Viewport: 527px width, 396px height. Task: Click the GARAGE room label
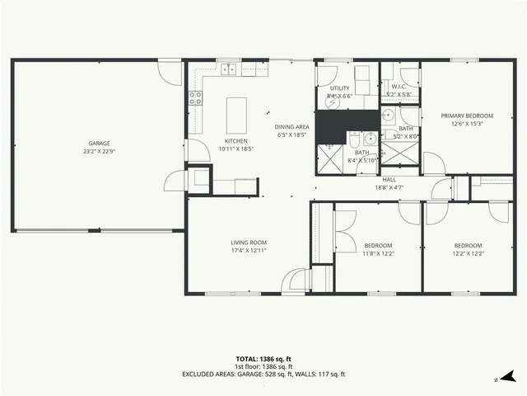point(99,143)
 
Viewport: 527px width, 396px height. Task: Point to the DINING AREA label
point(291,126)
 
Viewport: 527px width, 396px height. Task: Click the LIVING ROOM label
point(248,243)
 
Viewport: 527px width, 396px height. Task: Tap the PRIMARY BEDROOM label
point(467,116)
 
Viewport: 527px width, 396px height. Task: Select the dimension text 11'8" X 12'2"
point(378,253)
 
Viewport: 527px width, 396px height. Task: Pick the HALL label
point(389,179)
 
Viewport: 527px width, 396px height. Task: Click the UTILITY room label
point(339,87)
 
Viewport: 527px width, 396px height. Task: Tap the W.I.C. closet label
point(399,86)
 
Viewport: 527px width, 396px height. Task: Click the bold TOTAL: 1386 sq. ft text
point(263,359)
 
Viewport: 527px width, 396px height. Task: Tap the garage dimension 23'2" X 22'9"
point(99,151)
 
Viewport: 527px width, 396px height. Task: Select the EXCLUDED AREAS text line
point(263,374)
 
